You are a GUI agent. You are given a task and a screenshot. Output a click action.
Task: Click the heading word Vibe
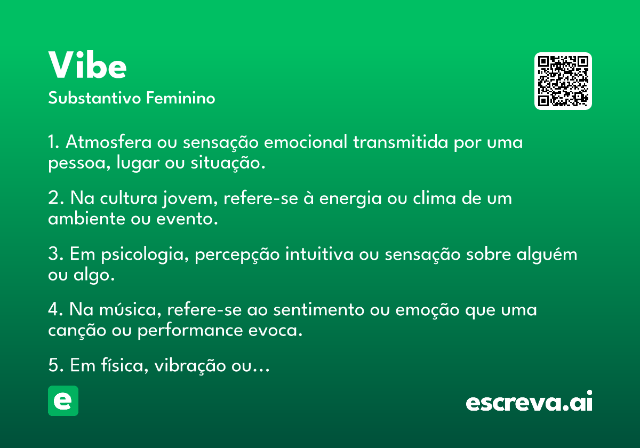(87, 66)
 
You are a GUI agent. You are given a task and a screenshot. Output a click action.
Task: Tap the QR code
(563, 81)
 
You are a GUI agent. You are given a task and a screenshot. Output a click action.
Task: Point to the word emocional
(307, 143)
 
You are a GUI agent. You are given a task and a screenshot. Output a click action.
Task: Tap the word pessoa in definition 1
(74, 163)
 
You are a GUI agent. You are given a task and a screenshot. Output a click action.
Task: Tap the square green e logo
(63, 401)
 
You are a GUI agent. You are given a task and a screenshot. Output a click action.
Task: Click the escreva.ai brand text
(529, 402)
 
